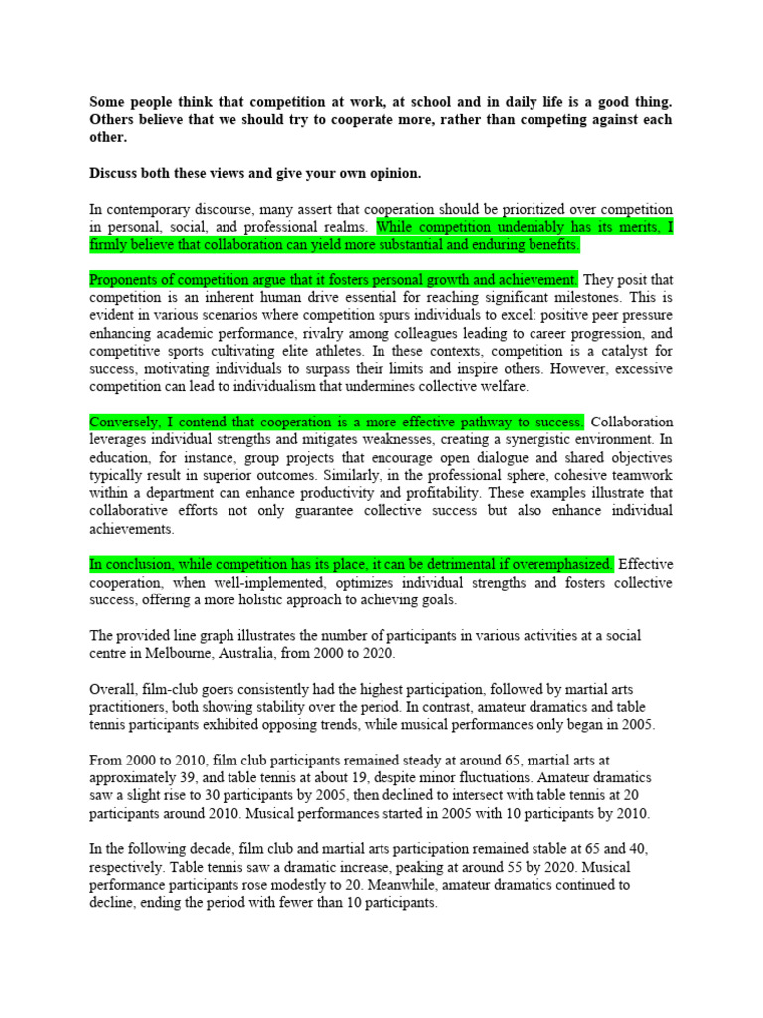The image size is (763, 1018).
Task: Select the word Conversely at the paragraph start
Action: tap(124, 422)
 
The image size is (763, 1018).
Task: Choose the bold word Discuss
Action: tap(115, 173)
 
